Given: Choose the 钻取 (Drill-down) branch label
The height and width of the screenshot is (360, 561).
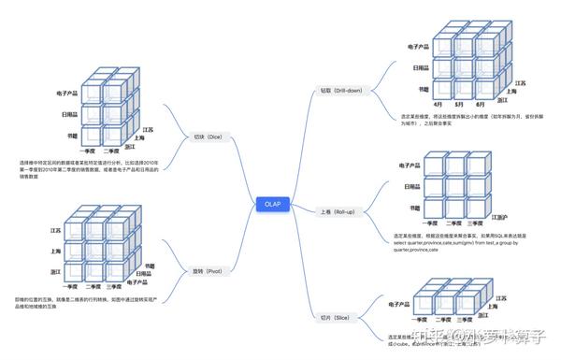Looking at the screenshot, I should coord(338,92).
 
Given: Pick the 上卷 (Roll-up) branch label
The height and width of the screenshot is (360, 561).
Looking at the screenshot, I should coord(335,211).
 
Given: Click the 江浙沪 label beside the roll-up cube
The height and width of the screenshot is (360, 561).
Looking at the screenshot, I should coord(499,217).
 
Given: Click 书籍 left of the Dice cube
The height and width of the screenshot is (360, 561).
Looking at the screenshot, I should coord(71,137).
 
